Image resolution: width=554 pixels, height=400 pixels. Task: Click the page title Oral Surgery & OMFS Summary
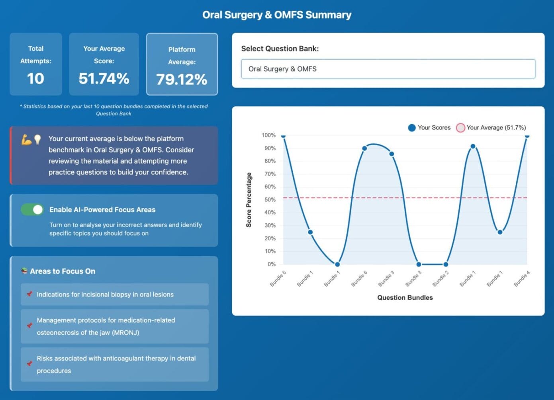coord(277,15)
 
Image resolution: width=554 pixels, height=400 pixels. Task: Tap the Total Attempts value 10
coord(35,78)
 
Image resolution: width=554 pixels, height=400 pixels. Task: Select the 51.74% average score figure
coord(104,78)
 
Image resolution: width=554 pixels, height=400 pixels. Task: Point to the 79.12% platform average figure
coord(182,80)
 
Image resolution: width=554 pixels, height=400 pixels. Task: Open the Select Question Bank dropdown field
coord(388,69)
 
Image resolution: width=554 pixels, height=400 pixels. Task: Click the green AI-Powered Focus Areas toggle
coord(32,209)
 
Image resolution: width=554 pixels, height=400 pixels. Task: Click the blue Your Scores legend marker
coord(412,128)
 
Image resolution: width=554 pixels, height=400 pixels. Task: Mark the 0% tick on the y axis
coord(271,264)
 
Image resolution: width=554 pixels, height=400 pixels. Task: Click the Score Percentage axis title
coord(249,200)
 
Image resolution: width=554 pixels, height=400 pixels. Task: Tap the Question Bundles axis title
coord(405,298)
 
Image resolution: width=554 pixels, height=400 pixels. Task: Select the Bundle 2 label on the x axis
coord(441,279)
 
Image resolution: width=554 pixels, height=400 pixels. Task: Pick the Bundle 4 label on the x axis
coord(522,279)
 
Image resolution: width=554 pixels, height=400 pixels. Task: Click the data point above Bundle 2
coord(446,264)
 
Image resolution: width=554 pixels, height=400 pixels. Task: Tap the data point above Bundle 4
coord(527,136)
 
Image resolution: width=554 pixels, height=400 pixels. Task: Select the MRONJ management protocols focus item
coord(115,326)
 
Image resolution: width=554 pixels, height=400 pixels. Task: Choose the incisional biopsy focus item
coord(115,295)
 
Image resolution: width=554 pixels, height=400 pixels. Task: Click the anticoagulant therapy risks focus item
coord(115,365)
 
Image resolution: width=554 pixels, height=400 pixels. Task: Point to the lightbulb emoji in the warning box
coord(37,139)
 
